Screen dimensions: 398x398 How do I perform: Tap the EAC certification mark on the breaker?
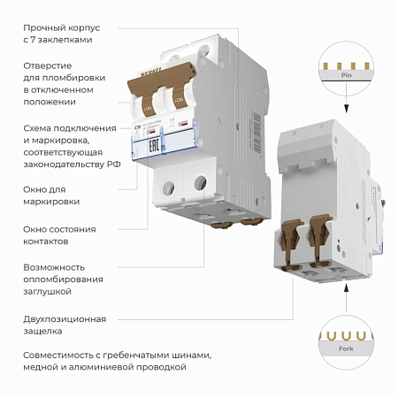(x=150, y=142)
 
